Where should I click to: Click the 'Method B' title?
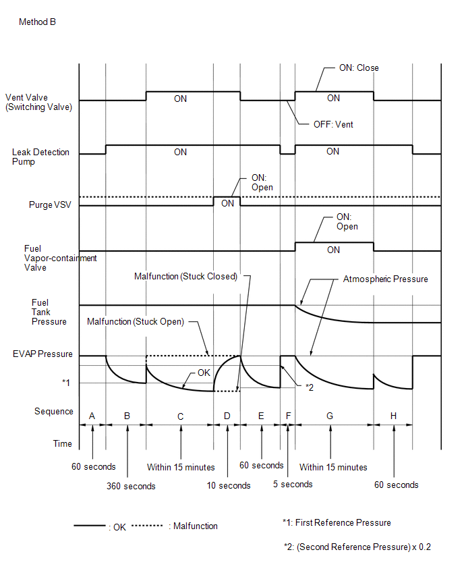(37, 22)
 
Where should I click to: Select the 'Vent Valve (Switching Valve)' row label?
(39, 103)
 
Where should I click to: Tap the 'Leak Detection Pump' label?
(40, 157)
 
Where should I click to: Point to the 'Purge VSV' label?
(50, 204)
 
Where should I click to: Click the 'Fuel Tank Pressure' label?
(49, 312)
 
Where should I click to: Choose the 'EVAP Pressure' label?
(42, 354)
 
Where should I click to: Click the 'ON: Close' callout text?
(359, 68)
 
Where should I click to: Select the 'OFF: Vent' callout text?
(333, 125)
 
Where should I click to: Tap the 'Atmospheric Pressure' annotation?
(385, 279)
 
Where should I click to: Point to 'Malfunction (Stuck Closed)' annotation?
(186, 276)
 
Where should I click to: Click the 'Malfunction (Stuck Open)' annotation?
(136, 322)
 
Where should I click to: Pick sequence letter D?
(227, 416)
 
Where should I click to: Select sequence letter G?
(330, 416)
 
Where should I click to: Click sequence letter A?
(92, 416)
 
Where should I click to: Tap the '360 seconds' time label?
(131, 487)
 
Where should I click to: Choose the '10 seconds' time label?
(229, 485)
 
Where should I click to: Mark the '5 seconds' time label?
(293, 484)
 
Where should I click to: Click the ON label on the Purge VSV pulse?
(227, 204)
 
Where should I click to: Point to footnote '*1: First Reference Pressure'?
(337, 522)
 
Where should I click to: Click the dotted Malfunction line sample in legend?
(147, 526)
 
